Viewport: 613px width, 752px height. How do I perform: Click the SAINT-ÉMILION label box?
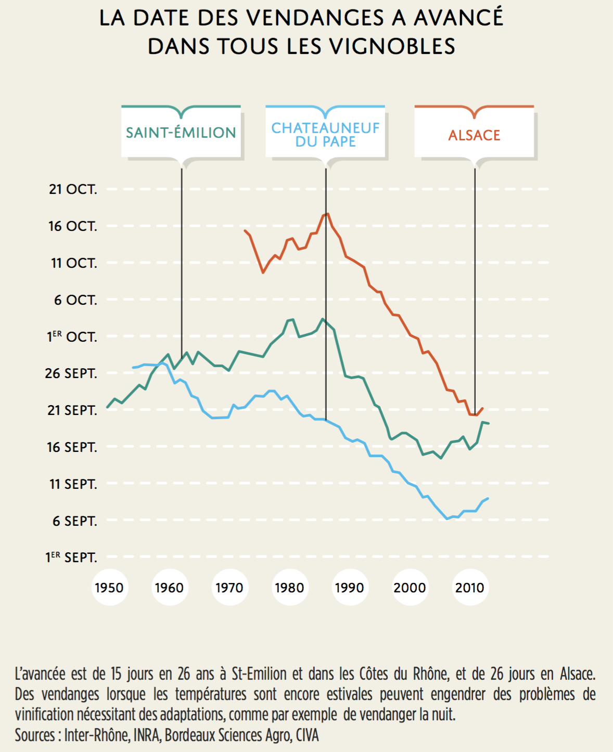[x=181, y=133]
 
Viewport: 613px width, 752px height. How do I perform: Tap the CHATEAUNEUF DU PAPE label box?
[x=325, y=134]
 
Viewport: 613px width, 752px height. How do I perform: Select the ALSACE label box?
[x=474, y=135]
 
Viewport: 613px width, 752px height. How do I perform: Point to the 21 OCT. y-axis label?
[x=73, y=189]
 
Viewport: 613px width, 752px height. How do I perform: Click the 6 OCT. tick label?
[x=75, y=300]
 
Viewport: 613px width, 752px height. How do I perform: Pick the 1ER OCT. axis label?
[x=72, y=337]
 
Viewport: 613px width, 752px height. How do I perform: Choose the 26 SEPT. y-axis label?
[x=71, y=373]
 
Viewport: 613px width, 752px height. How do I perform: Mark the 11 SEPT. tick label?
[x=73, y=484]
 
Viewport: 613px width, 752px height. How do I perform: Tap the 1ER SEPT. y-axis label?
[x=71, y=557]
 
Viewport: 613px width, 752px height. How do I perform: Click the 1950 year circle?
[x=109, y=588]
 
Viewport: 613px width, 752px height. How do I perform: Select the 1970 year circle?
[x=229, y=588]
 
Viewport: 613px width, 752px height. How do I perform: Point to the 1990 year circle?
[x=350, y=588]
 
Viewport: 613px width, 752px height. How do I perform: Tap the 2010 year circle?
[x=470, y=588]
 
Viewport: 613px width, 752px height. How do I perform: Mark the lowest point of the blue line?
[x=447, y=518]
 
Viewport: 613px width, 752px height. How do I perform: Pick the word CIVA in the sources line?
[x=307, y=735]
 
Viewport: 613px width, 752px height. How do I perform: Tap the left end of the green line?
[x=107, y=407]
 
